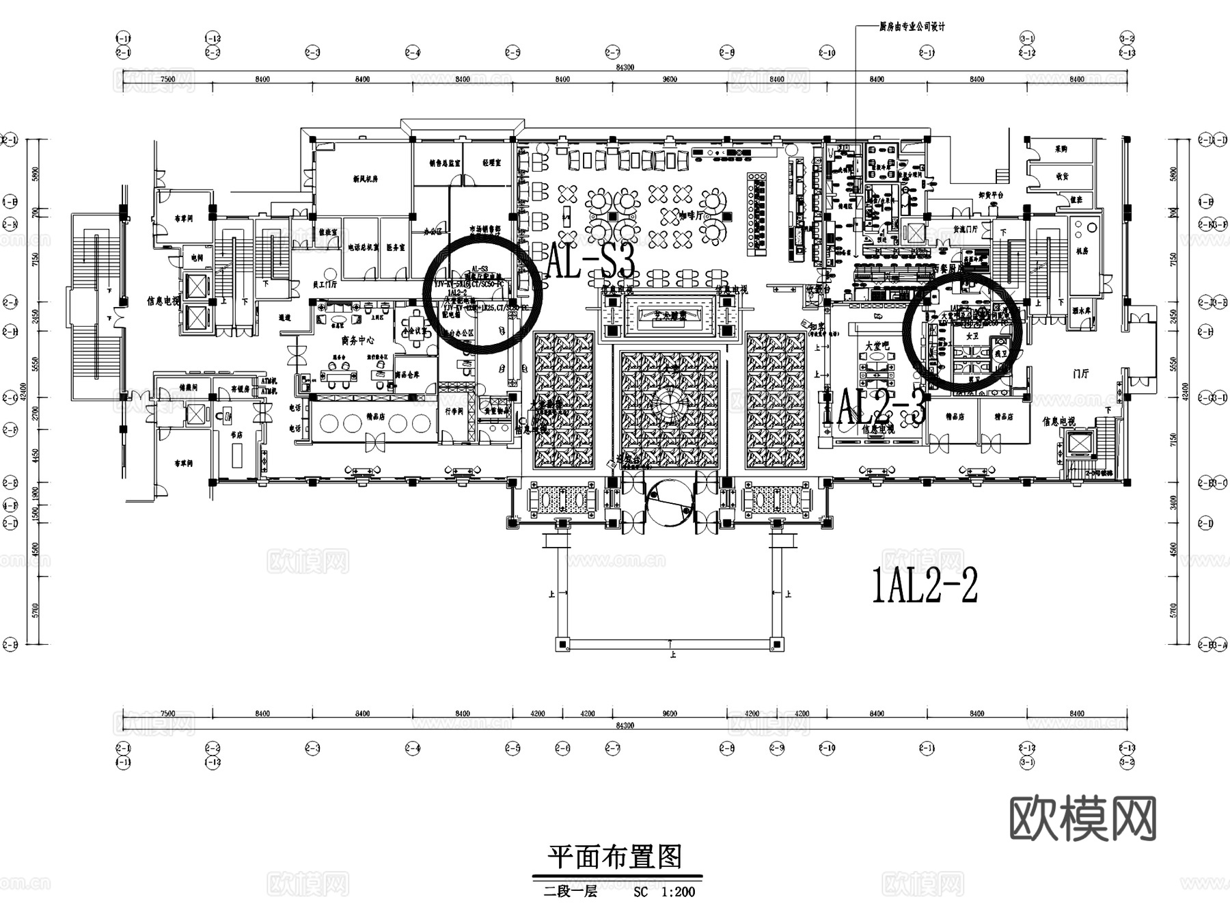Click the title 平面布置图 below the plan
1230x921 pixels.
pyautogui.click(x=615, y=857)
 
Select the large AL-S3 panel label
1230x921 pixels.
pyautogui.click(x=592, y=262)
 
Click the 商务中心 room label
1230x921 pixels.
pyautogui.click(x=357, y=340)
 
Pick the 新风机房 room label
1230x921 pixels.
pyautogui.click(x=366, y=179)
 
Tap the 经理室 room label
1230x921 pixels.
pyautogui.click(x=491, y=163)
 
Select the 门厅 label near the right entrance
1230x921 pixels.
pyautogui.click(x=1080, y=373)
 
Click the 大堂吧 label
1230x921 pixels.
pyautogui.click(x=877, y=347)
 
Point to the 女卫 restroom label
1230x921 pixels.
pyautogui.click(x=972, y=336)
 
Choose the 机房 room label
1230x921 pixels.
pyautogui.click(x=1081, y=251)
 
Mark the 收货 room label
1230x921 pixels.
pyautogui.click(x=1061, y=176)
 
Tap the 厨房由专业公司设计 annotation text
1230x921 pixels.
pyautogui.click(x=912, y=27)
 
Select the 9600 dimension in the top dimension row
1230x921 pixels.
pyautogui.click(x=670, y=79)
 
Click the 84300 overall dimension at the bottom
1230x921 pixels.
pyautogui.click(x=624, y=725)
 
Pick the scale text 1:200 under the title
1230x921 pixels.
pyautogui.click(x=678, y=892)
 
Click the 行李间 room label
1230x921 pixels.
pyautogui.click(x=454, y=412)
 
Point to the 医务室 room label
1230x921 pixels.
pyautogui.click(x=395, y=247)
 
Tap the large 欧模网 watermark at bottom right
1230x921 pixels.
pyautogui.click(x=1082, y=818)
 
